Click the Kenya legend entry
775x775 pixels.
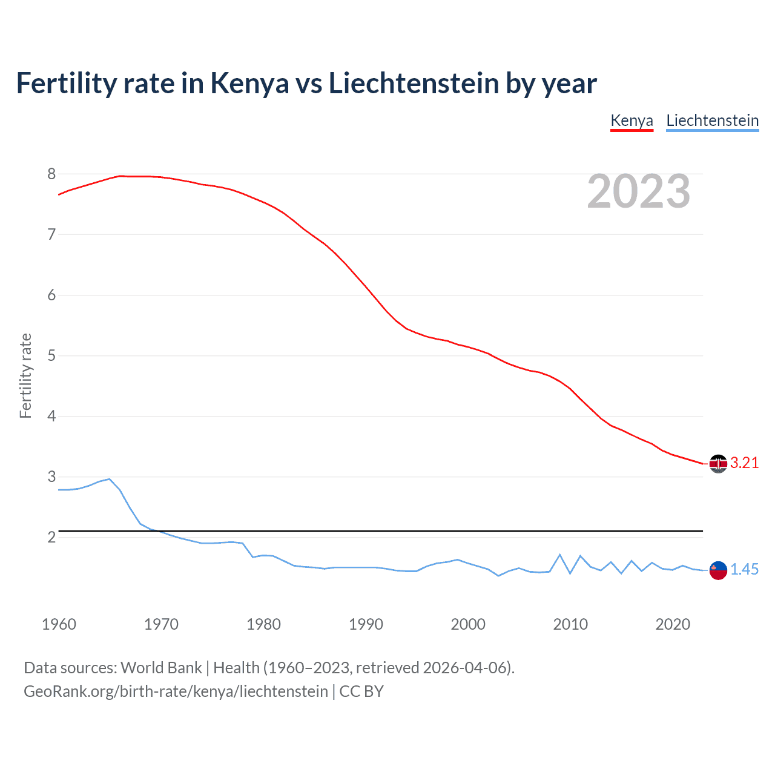[632, 120]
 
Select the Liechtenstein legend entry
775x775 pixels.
[712, 120]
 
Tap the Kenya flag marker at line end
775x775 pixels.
[718, 464]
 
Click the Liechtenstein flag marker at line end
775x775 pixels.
[718, 570]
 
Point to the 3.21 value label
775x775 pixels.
[744, 463]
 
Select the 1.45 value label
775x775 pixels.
[744, 570]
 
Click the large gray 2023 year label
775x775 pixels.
[639, 191]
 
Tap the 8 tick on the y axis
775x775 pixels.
[51, 174]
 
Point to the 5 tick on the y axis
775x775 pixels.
[51, 356]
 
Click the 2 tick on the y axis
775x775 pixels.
[51, 538]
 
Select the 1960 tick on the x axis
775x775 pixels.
[59, 624]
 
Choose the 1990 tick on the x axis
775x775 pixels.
[366, 624]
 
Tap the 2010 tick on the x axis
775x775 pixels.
[570, 624]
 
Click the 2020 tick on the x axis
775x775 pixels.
[673, 624]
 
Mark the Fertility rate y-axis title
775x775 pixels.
[25, 375]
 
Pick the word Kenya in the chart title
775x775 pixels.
[249, 84]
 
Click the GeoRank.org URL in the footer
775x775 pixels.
[176, 691]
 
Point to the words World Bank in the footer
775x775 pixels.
[161, 668]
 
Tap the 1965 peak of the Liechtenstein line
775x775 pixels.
[110, 479]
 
